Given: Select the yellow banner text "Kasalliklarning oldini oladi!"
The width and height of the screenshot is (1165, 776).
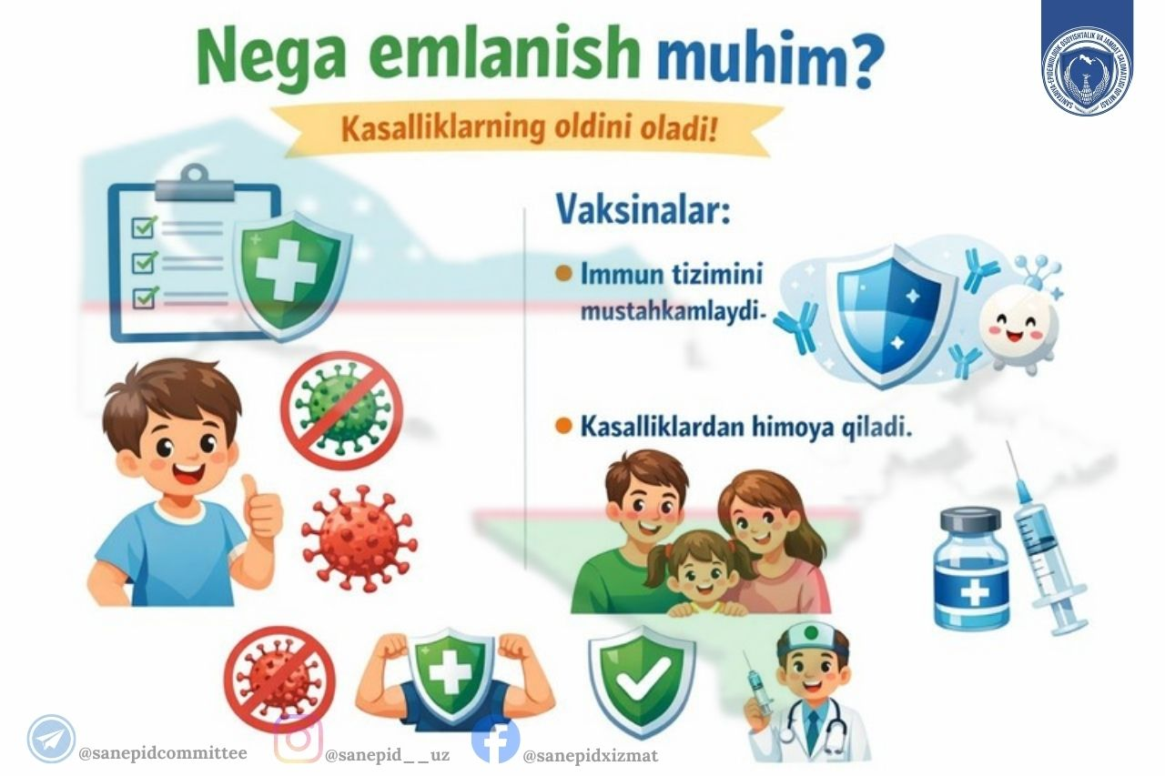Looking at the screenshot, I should (x=529, y=129).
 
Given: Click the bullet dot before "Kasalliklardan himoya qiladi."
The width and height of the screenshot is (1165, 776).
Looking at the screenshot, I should (x=562, y=425).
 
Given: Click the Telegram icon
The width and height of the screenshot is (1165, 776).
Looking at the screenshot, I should (x=51, y=738).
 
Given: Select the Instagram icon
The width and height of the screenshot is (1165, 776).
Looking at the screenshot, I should (x=298, y=738).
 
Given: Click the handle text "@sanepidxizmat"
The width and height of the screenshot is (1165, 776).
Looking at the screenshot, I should (x=590, y=755).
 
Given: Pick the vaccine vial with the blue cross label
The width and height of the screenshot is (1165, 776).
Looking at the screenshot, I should (x=973, y=573).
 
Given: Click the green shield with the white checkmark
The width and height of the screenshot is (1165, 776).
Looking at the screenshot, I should (x=642, y=679).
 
